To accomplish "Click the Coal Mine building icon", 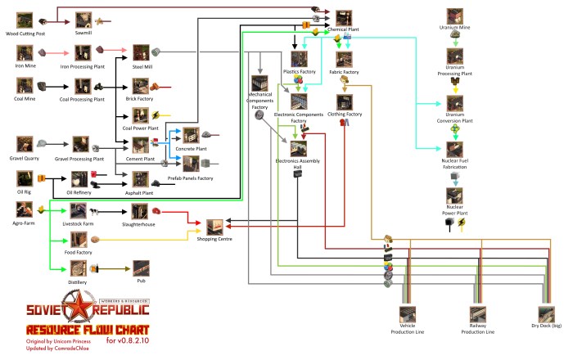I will [24, 84].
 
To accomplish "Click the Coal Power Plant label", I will [141, 128].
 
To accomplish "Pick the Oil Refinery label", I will [82, 192].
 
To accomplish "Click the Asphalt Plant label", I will [141, 193].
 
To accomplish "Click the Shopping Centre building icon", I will [214, 227].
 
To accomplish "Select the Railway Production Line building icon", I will [478, 313].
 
